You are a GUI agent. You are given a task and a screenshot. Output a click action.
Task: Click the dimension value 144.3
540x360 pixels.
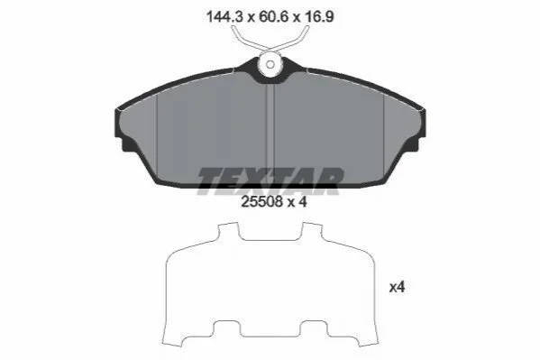(x=224, y=16)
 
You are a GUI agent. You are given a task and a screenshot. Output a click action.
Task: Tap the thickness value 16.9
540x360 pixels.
(x=318, y=16)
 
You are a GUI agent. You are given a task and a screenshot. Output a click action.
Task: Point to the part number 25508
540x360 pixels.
(x=261, y=202)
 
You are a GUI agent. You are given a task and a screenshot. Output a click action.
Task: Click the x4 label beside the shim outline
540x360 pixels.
(x=397, y=287)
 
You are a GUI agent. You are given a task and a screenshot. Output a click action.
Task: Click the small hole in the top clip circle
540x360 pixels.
(x=270, y=64)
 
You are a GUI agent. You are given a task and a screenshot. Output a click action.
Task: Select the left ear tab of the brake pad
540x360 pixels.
(x=123, y=144)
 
